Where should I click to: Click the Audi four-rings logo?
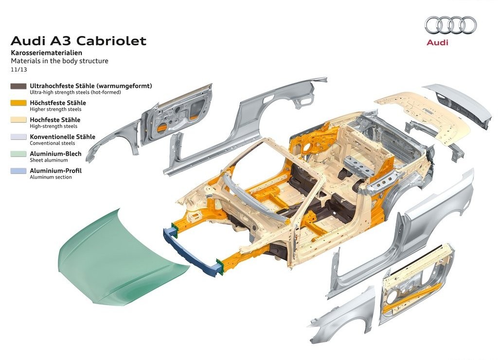point(451,25)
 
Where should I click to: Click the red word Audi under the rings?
point(437,42)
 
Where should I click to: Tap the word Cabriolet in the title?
point(111,41)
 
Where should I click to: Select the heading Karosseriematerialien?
point(46,53)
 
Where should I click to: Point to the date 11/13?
point(19,70)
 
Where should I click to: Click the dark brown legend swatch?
point(18,86)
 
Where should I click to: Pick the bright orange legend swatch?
point(18,103)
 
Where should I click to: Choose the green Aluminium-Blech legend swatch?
point(18,154)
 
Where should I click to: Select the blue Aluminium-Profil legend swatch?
point(18,171)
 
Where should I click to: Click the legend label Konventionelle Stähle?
point(63,137)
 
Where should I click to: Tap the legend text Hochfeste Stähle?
point(55,120)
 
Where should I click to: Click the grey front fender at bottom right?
point(343,313)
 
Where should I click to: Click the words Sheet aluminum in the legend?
point(49,160)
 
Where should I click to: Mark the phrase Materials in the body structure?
point(60,61)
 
